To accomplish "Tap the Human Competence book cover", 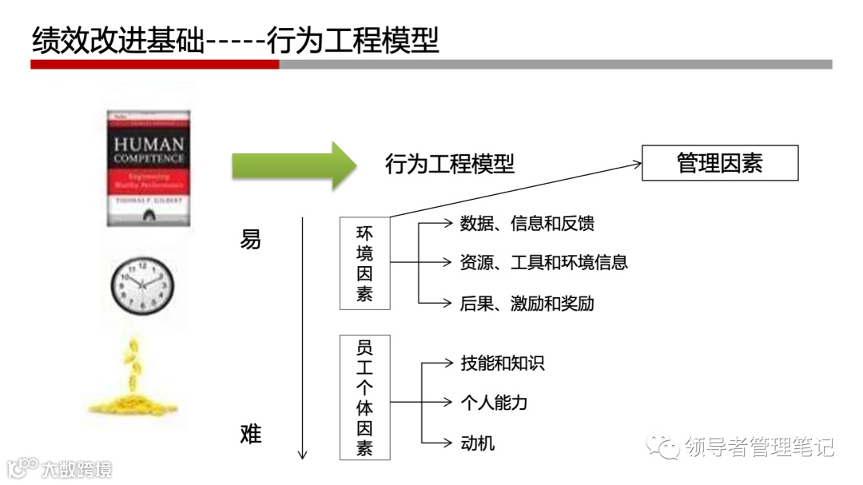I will (x=149, y=168).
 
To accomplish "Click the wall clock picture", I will (x=142, y=285).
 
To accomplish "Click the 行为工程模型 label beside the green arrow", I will (x=450, y=165).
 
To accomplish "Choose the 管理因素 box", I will (x=719, y=163).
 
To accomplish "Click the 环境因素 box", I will (x=364, y=263).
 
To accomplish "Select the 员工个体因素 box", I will (x=364, y=397).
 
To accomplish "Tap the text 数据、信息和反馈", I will (x=527, y=224).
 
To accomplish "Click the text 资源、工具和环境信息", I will (x=543, y=262).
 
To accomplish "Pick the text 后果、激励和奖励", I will (x=527, y=303).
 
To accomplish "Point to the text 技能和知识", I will (x=502, y=364).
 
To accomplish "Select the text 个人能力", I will (x=494, y=403).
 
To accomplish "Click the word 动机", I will (x=477, y=442).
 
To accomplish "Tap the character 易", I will (x=250, y=239).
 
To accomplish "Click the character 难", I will (x=250, y=434).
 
